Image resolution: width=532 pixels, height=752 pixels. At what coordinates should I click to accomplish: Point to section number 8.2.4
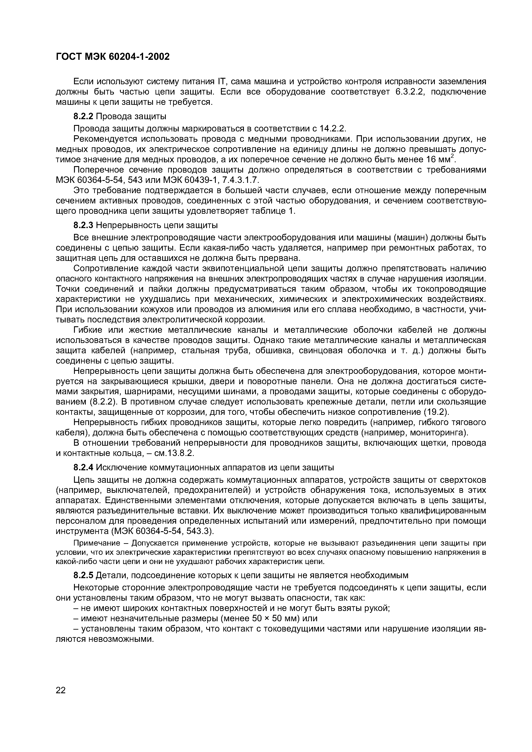84,467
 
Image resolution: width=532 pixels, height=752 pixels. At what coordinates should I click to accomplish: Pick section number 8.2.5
84,575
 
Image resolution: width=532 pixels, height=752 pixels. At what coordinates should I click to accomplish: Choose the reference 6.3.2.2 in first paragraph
410,92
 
